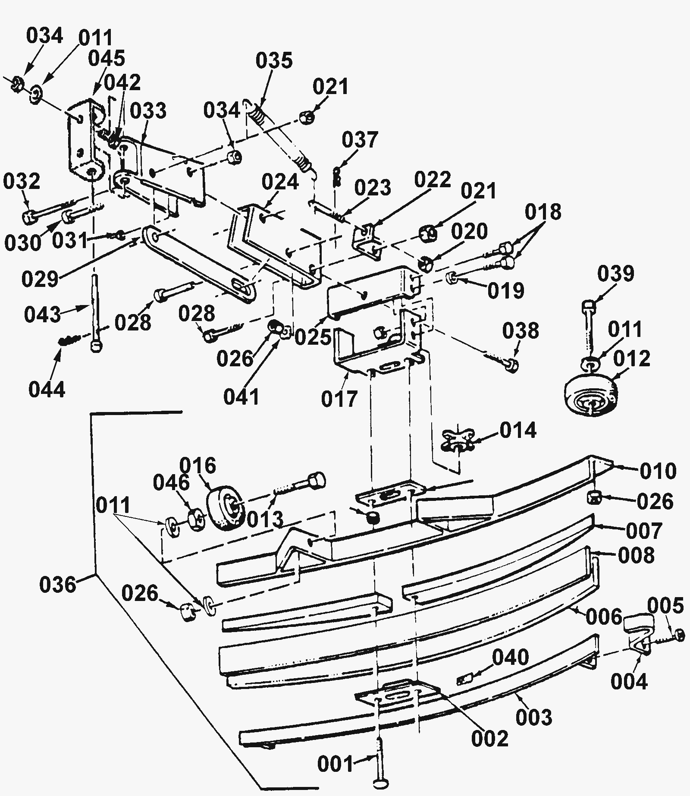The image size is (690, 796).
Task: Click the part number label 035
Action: point(274,60)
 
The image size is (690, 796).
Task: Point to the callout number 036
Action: point(57,585)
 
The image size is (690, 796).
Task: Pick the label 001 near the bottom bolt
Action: point(336,765)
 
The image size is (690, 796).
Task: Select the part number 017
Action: point(339,399)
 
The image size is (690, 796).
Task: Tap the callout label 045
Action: point(107,59)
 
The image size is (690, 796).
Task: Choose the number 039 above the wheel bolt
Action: point(616,274)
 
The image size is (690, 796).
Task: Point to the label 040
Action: point(511,658)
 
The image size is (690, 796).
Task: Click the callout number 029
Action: point(40,279)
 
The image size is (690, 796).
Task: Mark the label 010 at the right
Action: point(658,472)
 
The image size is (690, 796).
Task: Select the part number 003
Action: point(534,717)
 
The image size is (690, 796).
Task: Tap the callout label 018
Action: point(543,212)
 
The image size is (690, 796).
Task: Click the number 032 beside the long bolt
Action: point(22,181)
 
